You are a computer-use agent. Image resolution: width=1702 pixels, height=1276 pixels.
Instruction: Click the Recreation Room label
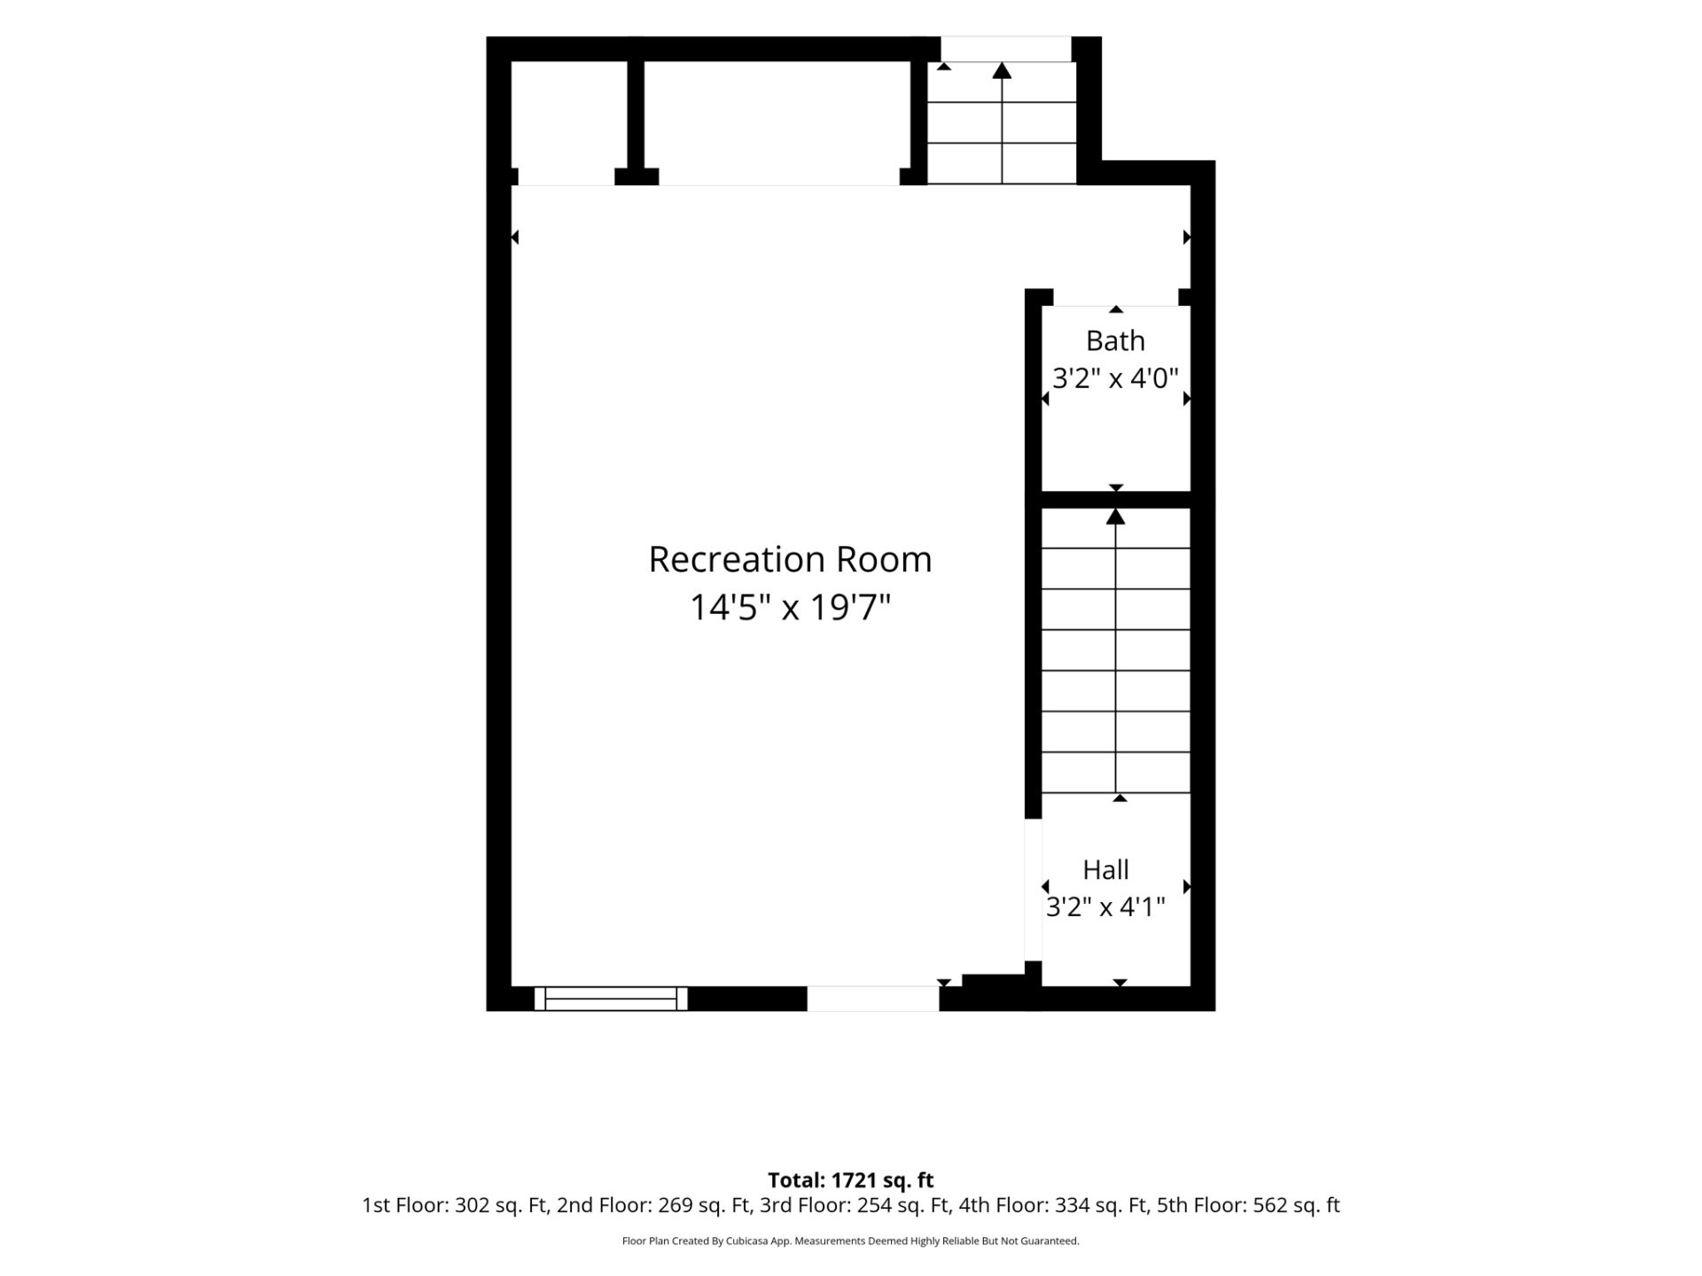(x=790, y=559)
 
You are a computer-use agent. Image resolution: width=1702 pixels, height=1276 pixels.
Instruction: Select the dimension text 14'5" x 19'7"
(x=790, y=608)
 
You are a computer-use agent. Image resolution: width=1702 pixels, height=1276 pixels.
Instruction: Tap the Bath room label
(x=1115, y=340)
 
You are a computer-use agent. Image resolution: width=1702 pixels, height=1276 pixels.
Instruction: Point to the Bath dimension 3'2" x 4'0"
(x=1115, y=378)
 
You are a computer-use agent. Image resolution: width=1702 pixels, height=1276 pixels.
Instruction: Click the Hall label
(x=1105, y=869)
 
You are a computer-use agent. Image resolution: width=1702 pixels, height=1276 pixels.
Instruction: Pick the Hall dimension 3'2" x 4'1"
(x=1105, y=907)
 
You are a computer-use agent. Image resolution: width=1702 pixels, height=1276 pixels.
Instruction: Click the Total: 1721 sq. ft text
(x=851, y=1180)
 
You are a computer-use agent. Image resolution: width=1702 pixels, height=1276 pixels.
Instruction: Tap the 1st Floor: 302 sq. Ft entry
(x=456, y=1205)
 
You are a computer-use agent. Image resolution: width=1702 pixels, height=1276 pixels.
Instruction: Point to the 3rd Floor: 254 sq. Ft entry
(x=855, y=1205)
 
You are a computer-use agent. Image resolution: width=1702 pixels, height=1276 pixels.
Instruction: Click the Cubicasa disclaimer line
(x=851, y=1241)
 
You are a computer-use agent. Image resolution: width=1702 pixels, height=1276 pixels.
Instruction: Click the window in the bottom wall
(x=611, y=999)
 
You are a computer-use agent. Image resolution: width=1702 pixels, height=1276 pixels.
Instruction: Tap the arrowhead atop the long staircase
(x=1115, y=517)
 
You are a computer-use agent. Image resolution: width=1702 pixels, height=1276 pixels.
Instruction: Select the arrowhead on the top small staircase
(x=1002, y=70)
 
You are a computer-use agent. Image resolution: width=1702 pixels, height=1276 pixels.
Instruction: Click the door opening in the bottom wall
(x=873, y=999)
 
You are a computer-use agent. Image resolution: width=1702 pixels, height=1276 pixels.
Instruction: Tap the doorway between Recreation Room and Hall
(x=1033, y=890)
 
